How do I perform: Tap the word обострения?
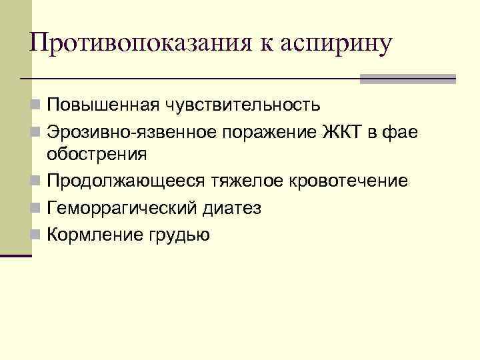click(97, 155)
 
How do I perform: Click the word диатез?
click(235, 209)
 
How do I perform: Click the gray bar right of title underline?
click(407, 79)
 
